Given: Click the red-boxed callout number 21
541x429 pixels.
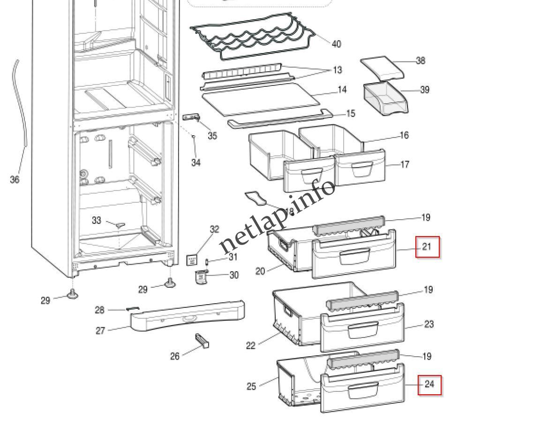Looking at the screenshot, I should coord(427,246).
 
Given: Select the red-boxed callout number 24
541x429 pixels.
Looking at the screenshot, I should coord(429,384).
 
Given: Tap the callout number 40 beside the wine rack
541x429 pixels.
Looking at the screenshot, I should coord(336,44).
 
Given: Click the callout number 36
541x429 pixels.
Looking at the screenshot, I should coord(15,179).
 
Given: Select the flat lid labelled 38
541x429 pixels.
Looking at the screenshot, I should coord(382,69).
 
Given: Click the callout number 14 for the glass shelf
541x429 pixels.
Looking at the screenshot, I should coord(342,89).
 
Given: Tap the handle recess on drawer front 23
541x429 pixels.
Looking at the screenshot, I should coord(363,330).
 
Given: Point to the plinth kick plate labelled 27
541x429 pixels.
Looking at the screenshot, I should coord(188,317).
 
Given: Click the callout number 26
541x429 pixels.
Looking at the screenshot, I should coord(174,357).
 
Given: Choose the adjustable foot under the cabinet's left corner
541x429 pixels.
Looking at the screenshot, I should coord(73,294).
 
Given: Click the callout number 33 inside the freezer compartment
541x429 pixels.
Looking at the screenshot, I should coord(96,220).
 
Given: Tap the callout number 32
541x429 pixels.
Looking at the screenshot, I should coord(214,229).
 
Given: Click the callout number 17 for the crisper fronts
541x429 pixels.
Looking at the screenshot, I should coord(405,164).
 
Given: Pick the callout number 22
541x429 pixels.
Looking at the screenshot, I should coord(251,345).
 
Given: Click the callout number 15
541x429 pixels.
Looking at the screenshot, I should coord(350,114).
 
